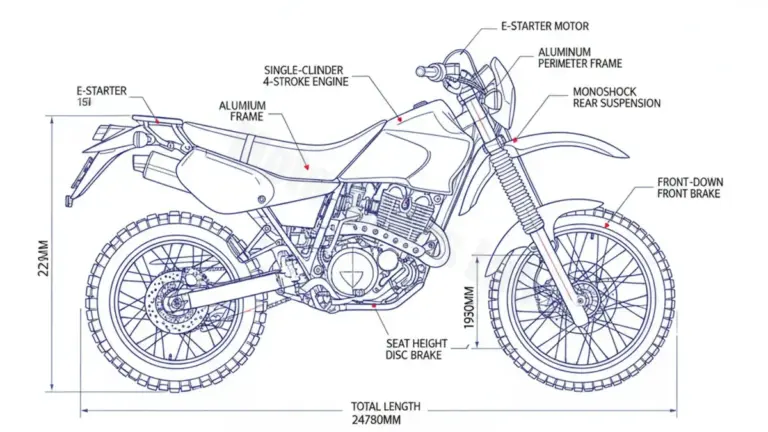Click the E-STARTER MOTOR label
coord(544,26)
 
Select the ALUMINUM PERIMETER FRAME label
coord(580,57)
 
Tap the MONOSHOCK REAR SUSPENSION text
coord(616,97)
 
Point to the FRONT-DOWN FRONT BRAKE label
coord(689,187)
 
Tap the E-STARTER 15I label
coord(100,96)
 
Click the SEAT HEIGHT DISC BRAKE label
coord(415,348)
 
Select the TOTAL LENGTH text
coord(385,407)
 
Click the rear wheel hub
coord(176,298)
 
